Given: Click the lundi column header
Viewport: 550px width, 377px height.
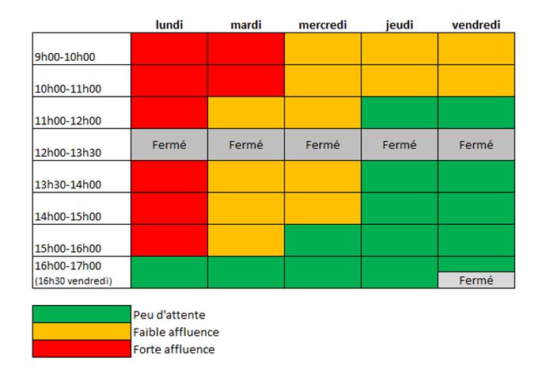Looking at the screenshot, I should click(169, 25).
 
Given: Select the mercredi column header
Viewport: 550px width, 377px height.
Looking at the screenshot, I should click(322, 25).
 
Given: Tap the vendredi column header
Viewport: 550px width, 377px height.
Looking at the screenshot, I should click(476, 25).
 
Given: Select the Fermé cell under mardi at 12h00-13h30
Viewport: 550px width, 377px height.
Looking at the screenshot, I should click(245, 145).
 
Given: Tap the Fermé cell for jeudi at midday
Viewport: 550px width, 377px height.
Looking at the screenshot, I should click(399, 145).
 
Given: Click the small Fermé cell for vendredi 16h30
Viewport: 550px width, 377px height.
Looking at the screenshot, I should click(476, 280).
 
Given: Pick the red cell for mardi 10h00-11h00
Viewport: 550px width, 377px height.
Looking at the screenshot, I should click(245, 81).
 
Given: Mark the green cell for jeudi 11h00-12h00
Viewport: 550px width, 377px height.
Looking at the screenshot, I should click(399, 112).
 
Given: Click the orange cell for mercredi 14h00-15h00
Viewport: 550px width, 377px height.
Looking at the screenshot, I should click(322, 208).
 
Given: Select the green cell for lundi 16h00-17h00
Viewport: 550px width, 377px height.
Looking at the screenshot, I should click(169, 272).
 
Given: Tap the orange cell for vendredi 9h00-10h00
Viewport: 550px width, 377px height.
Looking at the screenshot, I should click(476, 49).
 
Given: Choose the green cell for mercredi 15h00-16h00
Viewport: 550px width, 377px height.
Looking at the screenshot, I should click(322, 240).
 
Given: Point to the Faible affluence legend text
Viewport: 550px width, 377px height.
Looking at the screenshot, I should click(176, 332).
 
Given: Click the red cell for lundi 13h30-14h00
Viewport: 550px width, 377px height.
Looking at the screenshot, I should click(169, 177).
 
